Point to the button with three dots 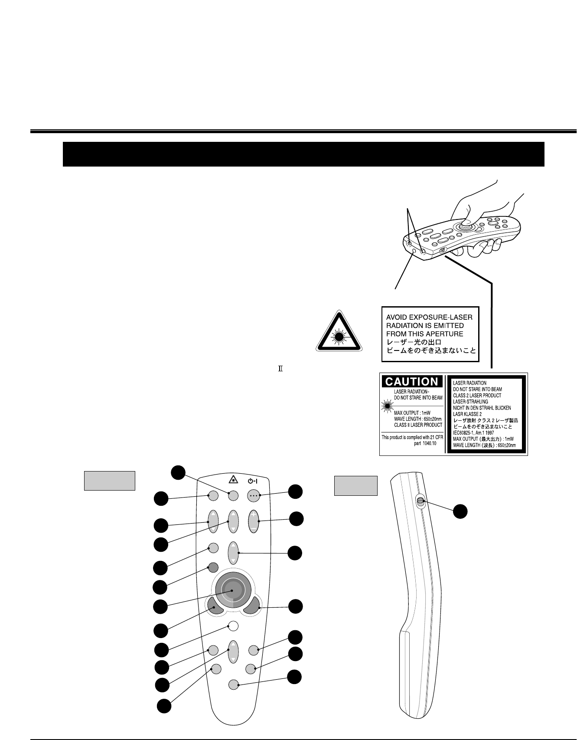tap(253, 495)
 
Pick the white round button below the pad tap(233, 626)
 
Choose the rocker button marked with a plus tap(253, 521)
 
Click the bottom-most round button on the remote tap(233, 685)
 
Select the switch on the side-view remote tap(420, 502)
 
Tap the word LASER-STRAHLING tap(470, 402)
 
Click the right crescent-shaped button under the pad tap(252, 606)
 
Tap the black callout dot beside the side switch tap(460, 511)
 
